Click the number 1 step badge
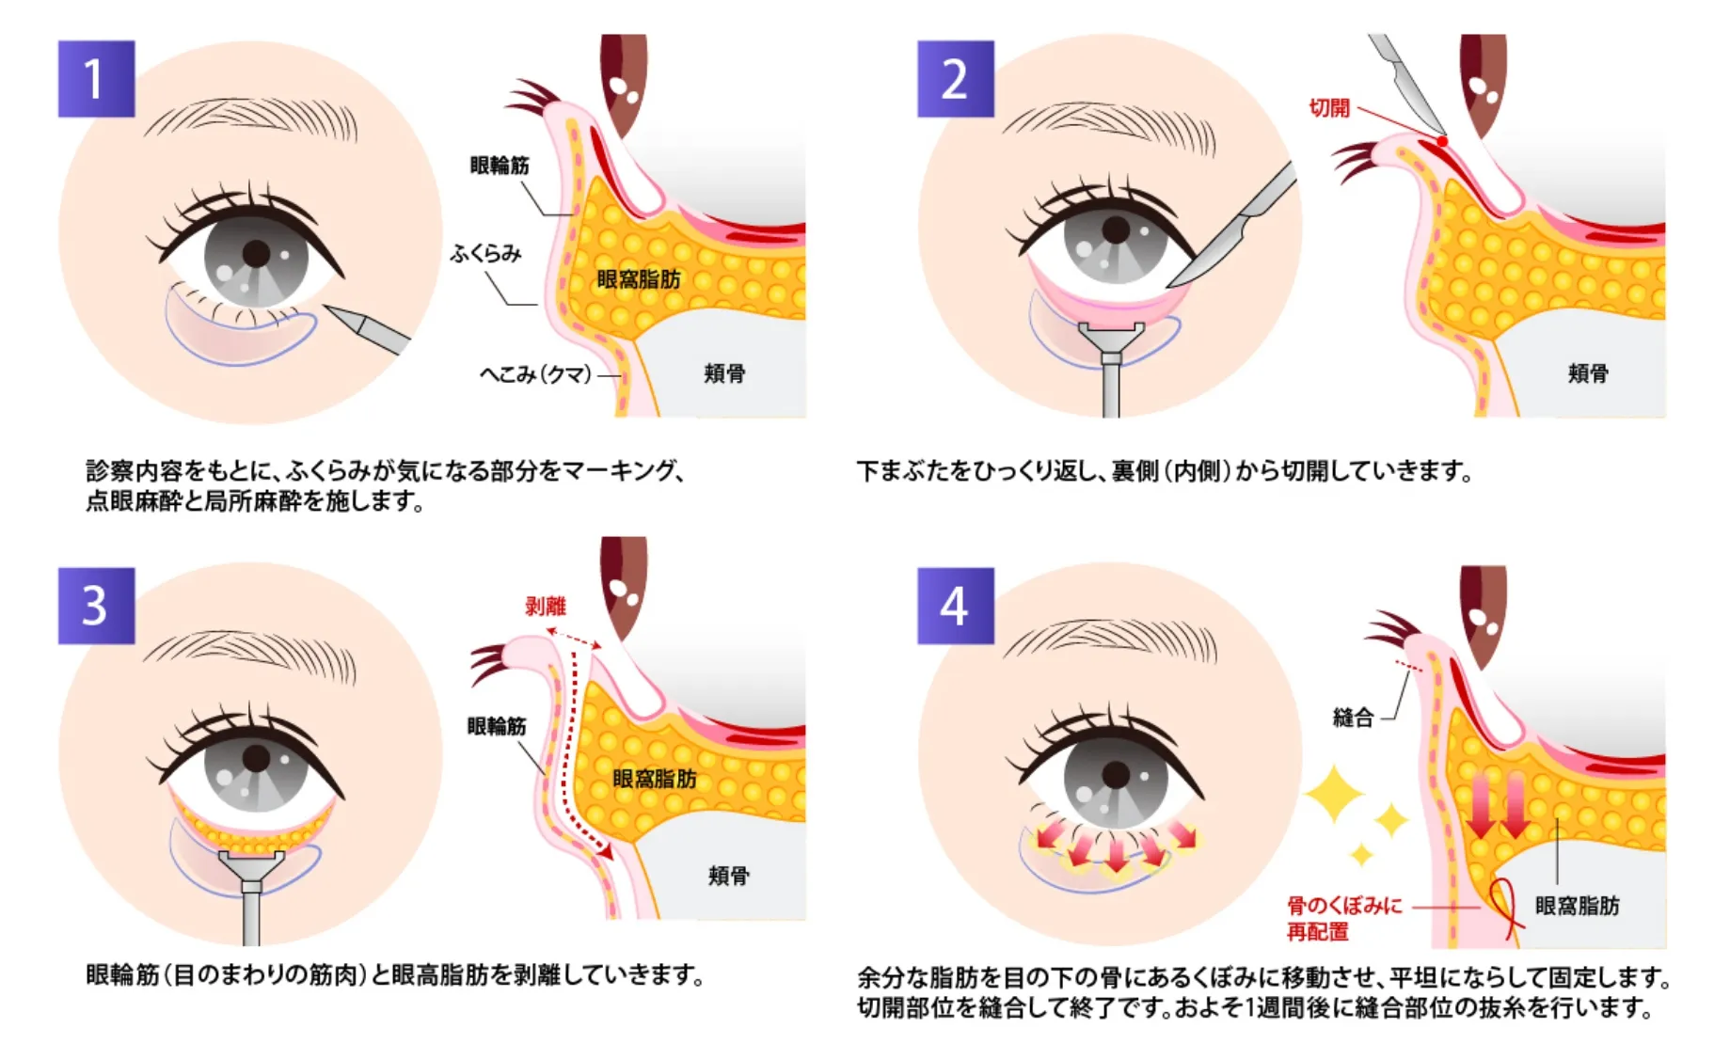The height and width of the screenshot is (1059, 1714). coord(96,79)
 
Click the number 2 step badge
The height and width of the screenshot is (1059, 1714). coord(955,79)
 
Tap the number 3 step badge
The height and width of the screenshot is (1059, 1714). coord(96,606)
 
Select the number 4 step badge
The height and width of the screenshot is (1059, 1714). coord(955,606)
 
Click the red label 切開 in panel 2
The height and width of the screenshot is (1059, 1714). coord(1329,108)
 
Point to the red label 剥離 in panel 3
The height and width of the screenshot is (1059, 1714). coord(546,607)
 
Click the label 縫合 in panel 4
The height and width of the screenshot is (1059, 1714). coord(1353,719)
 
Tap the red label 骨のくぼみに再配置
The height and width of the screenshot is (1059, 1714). coord(1343,918)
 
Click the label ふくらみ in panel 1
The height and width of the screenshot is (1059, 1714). coord(485,254)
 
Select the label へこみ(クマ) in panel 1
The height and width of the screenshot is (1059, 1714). coord(535,374)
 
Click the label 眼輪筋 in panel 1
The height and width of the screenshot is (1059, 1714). coord(500,166)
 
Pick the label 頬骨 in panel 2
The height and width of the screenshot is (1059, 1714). coord(1588,373)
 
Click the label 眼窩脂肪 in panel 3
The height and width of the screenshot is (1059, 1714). coord(655,779)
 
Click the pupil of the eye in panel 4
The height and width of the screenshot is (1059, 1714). coord(1116,776)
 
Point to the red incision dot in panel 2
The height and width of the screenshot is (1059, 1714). coord(1442,141)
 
